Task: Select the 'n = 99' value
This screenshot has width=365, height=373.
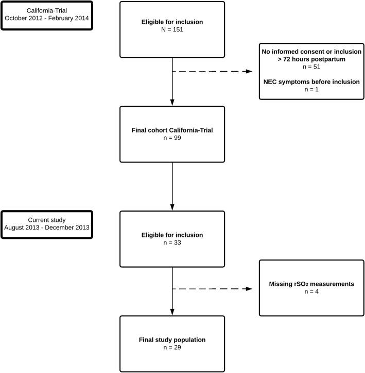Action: (172, 139)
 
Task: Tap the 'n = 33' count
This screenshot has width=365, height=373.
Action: (172, 243)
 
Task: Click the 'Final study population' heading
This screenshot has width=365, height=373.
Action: (172, 339)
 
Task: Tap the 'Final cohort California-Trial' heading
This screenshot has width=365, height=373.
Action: (172, 131)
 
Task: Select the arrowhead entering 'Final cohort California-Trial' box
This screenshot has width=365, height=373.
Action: (172, 103)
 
